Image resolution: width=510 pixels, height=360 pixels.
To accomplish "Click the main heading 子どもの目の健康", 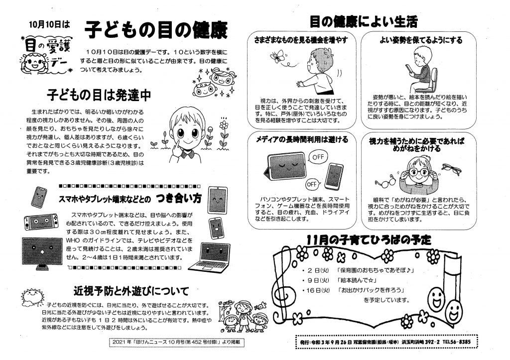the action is pos(156,30).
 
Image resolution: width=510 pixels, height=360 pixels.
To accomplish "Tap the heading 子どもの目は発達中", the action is pos(99,95).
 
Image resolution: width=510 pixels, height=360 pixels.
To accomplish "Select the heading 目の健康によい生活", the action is pos(363,21).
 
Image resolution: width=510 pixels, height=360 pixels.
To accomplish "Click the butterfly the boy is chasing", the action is pos(277,56).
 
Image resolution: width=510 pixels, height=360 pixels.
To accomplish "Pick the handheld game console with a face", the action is pos(41,222).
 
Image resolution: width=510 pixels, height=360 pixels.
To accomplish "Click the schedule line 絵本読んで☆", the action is pos(356,280).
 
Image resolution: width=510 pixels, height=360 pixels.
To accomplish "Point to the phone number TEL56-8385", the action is pos(456,342).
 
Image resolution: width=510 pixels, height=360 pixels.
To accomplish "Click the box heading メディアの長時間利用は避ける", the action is pos(302,139).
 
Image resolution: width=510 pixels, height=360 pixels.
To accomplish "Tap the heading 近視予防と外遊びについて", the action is pos(131,290).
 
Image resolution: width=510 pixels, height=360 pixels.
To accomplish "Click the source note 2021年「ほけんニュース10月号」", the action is pos(177,343).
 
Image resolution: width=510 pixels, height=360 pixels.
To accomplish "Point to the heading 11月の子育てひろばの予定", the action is pos(369,240).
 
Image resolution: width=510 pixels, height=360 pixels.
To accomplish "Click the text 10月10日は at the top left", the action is pos(49,24).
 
